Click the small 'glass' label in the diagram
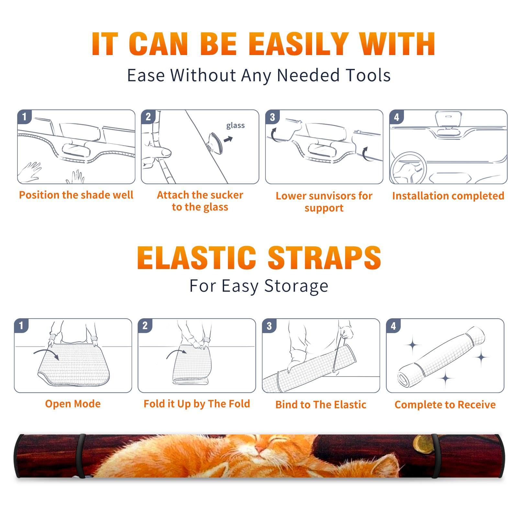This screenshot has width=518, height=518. [x=235, y=125]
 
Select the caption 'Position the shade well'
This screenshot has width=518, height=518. [x=76, y=195]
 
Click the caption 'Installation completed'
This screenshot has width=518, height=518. [x=448, y=196]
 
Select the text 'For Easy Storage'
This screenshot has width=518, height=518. [x=259, y=286]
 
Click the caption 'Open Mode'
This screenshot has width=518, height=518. [x=73, y=404]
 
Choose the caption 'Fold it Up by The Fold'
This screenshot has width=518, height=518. [x=197, y=404]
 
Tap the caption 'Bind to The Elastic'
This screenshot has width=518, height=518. [x=321, y=404]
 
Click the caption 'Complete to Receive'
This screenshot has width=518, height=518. [x=445, y=404]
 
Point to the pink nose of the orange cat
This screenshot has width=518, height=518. [x=260, y=449]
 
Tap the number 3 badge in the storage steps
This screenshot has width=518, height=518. [x=269, y=326]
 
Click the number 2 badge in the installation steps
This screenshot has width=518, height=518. [x=148, y=117]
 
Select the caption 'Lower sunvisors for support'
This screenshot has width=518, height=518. [x=324, y=202]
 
